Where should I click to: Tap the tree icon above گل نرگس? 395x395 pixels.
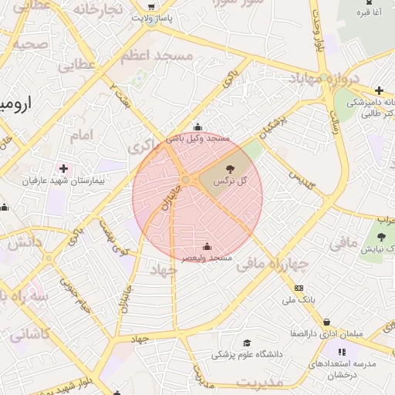point(229,167)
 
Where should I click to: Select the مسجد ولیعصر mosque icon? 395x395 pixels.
point(206,247)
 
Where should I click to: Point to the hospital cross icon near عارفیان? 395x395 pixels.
point(62,167)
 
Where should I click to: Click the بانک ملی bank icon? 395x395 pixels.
point(299,288)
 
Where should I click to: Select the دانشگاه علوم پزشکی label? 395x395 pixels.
point(247,354)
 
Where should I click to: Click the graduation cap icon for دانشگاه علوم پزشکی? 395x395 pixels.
point(247,343)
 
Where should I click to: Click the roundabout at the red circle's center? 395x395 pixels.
point(186,180)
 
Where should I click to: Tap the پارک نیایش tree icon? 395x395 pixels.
point(381,236)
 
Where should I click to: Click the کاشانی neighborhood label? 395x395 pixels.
point(29,335)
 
